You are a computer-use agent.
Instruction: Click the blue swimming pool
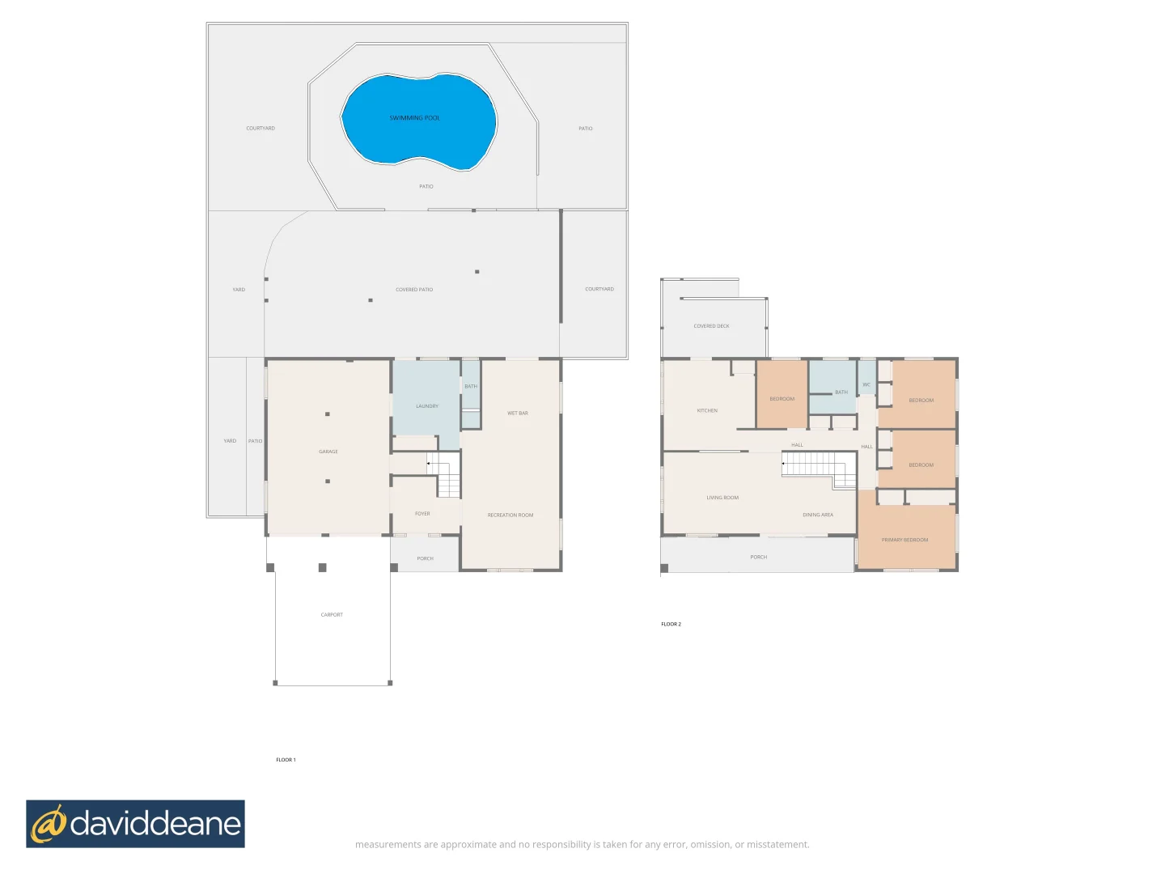click(x=418, y=121)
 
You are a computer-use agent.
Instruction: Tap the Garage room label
click(x=328, y=452)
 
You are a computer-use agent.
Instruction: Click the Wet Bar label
click(x=517, y=414)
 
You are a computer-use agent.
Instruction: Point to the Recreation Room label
click(x=510, y=515)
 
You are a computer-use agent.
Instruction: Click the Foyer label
click(x=422, y=514)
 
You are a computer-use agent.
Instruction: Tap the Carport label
click(x=332, y=615)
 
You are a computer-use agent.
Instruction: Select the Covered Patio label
click(x=413, y=290)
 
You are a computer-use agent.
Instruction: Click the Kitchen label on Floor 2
click(x=707, y=411)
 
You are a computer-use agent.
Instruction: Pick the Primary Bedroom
click(x=904, y=540)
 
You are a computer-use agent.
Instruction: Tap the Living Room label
click(x=722, y=498)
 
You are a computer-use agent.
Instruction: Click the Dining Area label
click(x=817, y=515)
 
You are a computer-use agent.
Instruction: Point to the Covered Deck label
click(x=711, y=326)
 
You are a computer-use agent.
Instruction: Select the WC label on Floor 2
click(x=866, y=385)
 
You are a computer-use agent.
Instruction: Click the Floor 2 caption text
click(x=671, y=625)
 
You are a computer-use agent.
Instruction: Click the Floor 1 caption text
click(x=286, y=760)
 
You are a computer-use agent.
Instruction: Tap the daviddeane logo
click(x=135, y=824)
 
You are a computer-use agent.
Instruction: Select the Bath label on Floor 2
click(x=841, y=392)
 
